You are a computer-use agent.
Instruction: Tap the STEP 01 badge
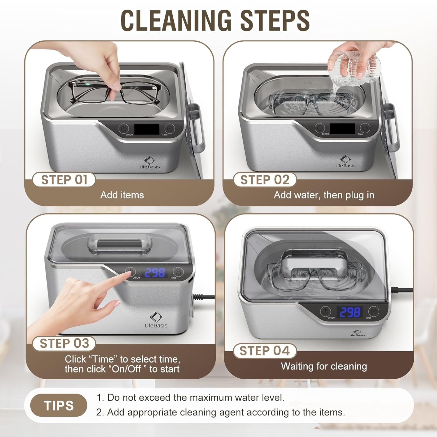[x=64, y=180]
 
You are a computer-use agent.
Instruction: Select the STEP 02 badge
[x=265, y=180]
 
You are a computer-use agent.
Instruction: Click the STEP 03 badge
[x=64, y=343]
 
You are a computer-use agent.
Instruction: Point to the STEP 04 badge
[x=265, y=351]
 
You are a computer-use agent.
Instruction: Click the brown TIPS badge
[x=59, y=405]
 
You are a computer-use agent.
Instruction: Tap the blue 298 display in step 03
[x=155, y=273]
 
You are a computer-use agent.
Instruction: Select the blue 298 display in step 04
[x=350, y=312]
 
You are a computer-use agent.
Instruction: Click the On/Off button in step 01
[x=124, y=128]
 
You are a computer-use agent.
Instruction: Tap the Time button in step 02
[x=364, y=128]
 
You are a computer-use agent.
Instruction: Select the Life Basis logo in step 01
[x=149, y=163]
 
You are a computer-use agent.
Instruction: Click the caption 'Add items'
[x=122, y=195]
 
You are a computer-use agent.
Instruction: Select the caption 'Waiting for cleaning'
[x=324, y=366]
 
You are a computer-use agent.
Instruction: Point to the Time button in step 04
[x=373, y=311]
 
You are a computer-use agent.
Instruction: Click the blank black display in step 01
[x=147, y=129]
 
